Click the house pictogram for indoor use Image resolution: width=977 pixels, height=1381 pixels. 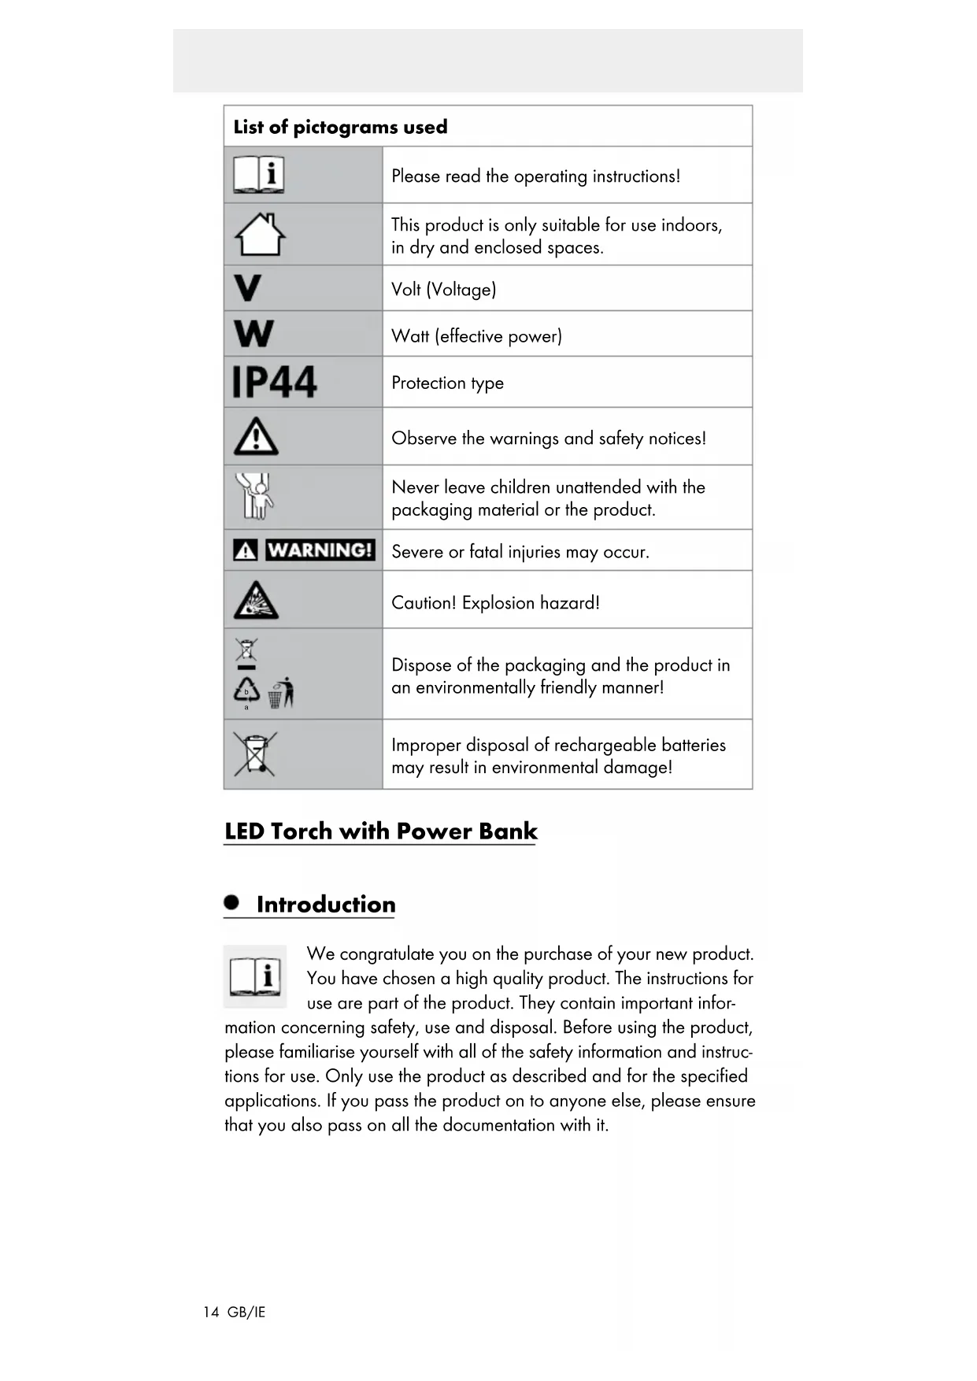pos(260,235)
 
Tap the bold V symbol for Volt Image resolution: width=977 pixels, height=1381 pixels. pos(247,288)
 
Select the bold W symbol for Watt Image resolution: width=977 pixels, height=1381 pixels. pos(254,334)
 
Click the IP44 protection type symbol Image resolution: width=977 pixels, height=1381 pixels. pos(274,383)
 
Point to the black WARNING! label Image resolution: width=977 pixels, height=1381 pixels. pos(319,550)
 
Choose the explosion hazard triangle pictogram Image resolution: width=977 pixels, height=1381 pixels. pos(255,601)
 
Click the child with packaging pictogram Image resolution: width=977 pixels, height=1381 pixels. pos(256,496)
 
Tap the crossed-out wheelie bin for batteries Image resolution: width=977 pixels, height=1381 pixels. pos(254,753)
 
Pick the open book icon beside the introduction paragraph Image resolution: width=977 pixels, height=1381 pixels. pos(255,976)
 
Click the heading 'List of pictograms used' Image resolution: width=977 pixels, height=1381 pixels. pos(340,127)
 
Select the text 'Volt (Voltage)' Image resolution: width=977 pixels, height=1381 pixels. pos(443,290)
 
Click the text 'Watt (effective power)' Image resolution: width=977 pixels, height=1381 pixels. pos(476,336)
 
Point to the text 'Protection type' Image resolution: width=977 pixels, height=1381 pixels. pos(447,383)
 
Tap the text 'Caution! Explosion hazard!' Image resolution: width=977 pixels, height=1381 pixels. pos(495,603)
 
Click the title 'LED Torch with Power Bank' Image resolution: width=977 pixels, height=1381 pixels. pos(380,831)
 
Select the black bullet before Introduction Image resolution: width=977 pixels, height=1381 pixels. pos(231,902)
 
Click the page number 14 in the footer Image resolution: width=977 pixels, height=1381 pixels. pos(211,1312)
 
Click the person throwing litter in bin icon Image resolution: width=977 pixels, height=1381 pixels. pos(281,693)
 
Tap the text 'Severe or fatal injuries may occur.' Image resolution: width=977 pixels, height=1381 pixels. pos(520,552)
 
